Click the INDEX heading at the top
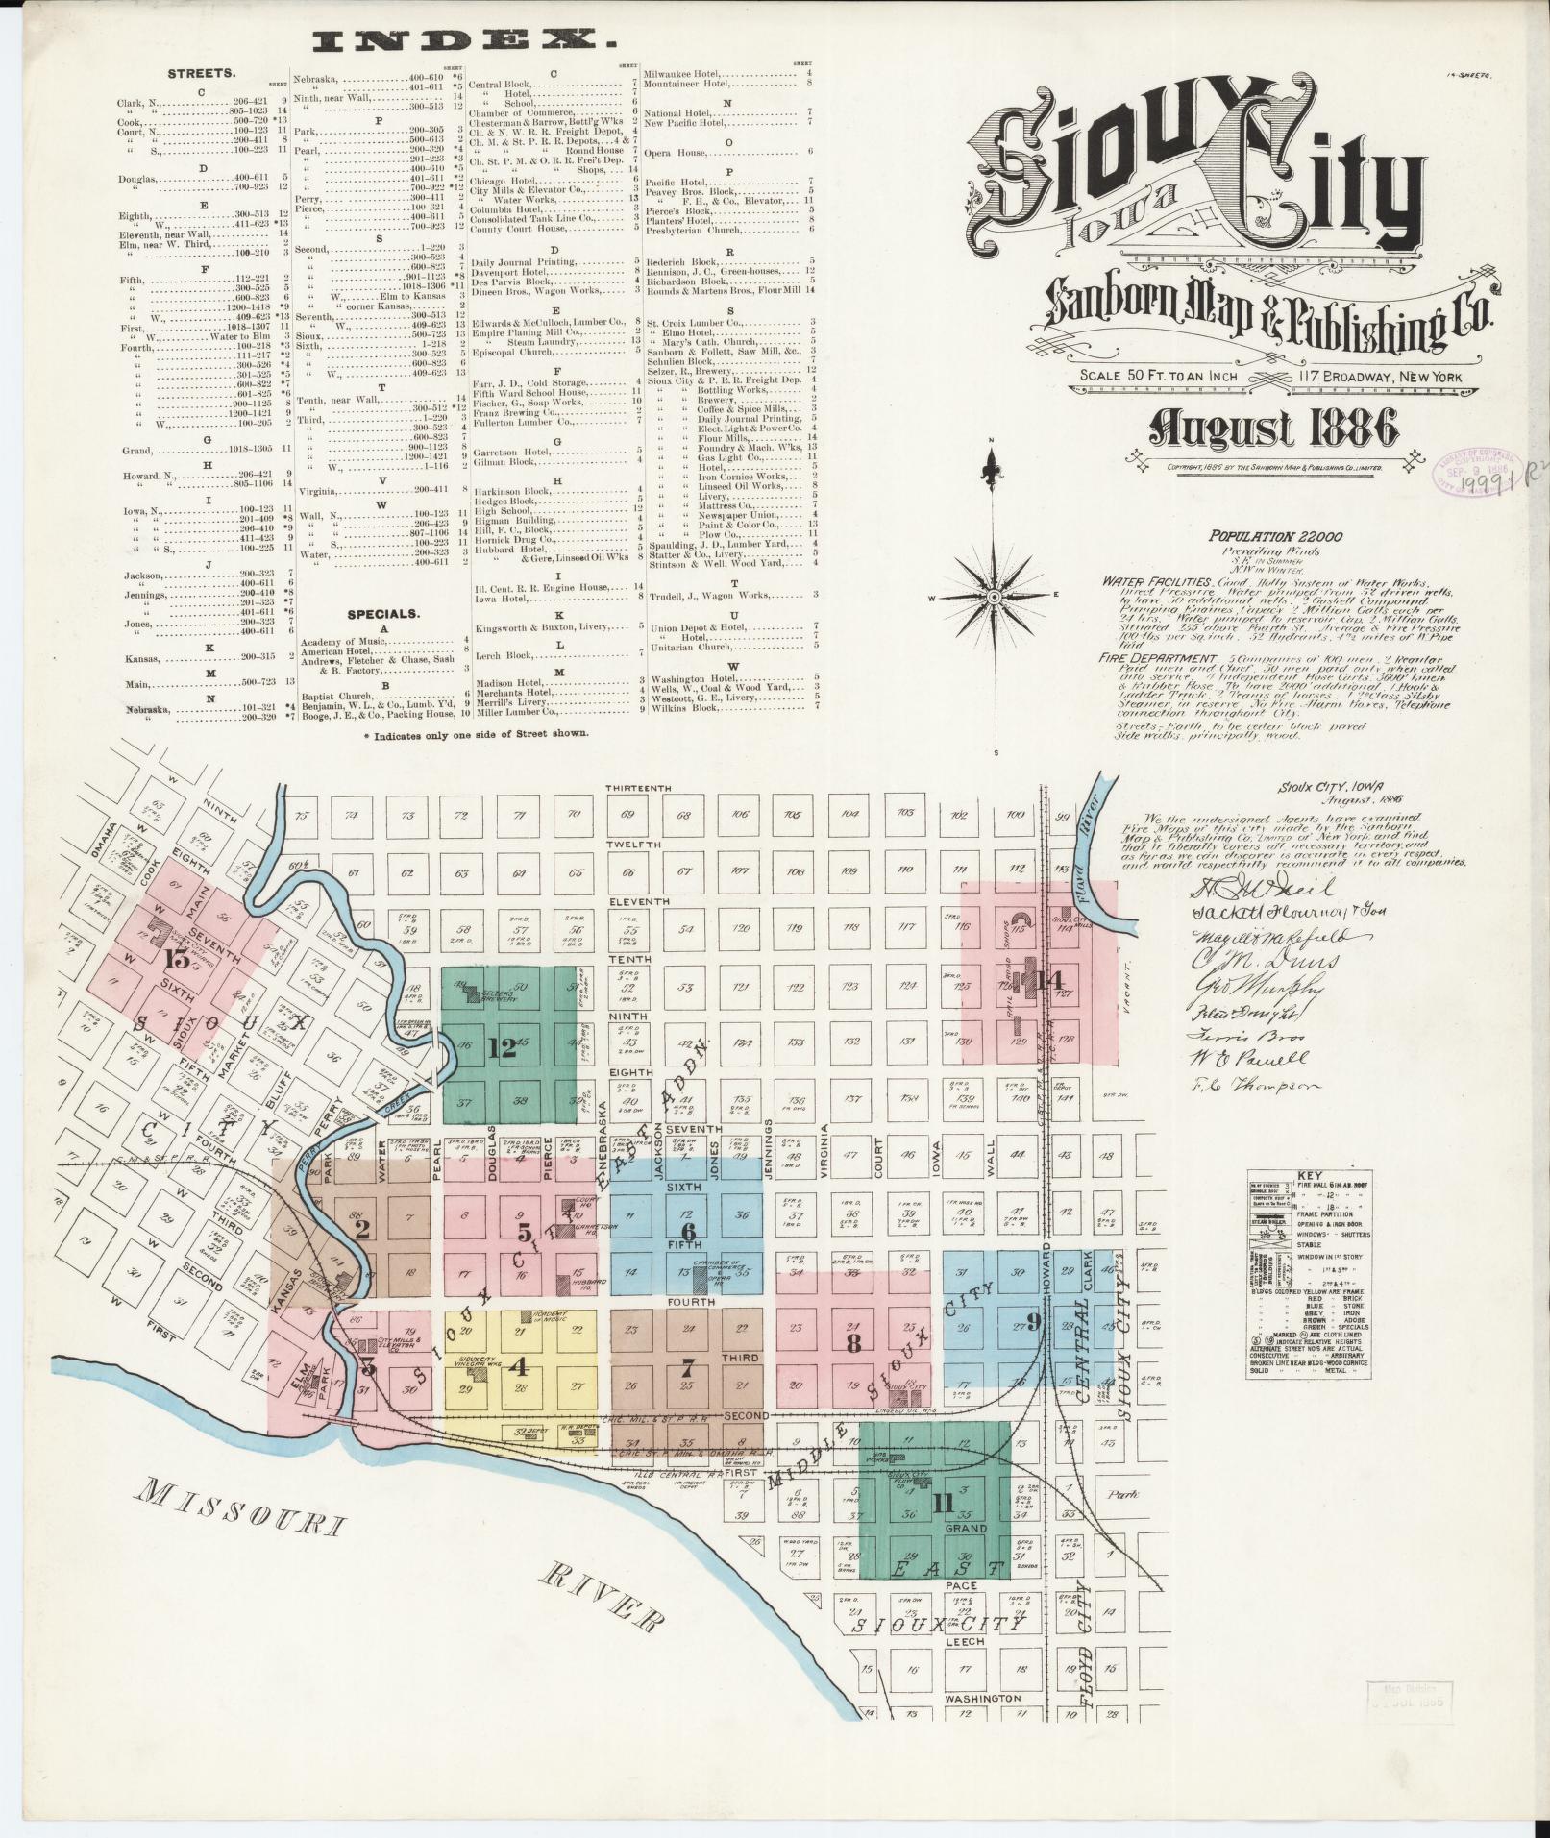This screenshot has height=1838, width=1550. [464, 41]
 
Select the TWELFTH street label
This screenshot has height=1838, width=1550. [633, 845]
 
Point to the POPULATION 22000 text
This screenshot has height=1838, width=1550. [1275, 537]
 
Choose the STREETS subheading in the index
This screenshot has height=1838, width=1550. [203, 73]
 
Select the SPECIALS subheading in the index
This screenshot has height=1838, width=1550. [382, 613]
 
